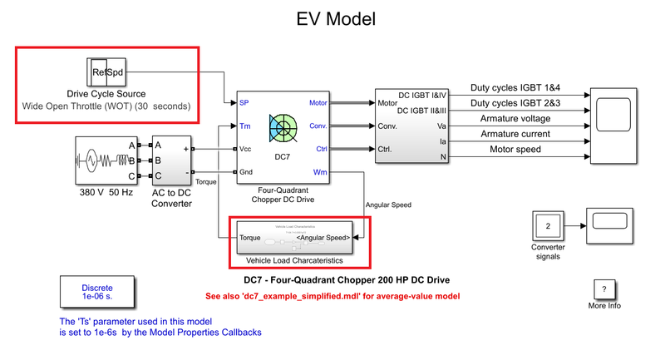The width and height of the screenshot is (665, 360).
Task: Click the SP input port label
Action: coord(244,103)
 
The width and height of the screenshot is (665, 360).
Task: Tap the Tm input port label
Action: coord(244,126)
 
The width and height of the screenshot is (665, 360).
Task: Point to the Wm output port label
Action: coord(320,172)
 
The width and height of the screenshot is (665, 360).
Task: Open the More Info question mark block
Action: coord(603,288)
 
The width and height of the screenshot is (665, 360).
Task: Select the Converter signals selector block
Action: coord(547,225)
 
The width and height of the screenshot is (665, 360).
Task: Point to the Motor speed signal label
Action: coord(505,150)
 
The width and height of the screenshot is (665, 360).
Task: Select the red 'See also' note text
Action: coord(332,296)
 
